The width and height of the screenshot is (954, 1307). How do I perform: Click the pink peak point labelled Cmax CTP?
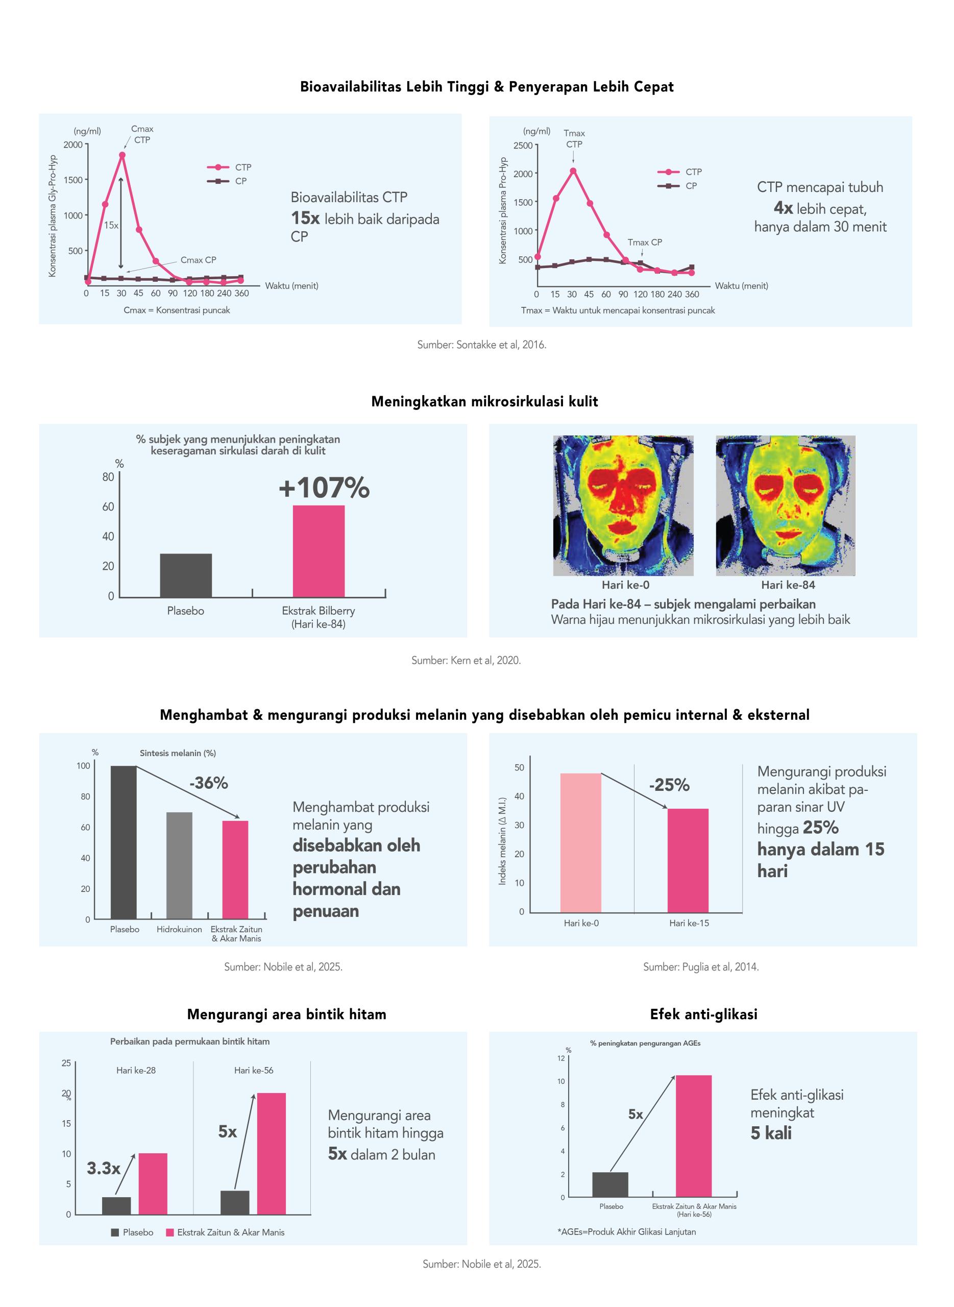tap(122, 155)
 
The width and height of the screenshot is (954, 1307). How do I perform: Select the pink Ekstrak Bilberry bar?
tap(319, 551)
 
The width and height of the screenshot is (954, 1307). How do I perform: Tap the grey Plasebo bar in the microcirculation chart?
tap(186, 575)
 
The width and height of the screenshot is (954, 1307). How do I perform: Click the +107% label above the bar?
tap(324, 488)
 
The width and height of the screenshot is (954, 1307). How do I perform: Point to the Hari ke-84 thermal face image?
tap(786, 505)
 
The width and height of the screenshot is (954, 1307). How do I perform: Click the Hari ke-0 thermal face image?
tap(623, 505)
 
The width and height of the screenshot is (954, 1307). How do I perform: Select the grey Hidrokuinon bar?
tap(180, 865)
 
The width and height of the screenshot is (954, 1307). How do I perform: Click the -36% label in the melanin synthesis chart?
tap(208, 783)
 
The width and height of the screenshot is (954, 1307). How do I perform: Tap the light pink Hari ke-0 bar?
tap(581, 843)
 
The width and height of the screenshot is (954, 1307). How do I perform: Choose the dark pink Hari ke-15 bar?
tap(689, 861)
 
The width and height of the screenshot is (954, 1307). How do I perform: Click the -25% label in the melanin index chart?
tap(669, 785)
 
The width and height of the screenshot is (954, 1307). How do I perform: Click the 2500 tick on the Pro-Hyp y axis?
tap(523, 146)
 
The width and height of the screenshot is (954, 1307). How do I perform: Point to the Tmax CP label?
tap(645, 243)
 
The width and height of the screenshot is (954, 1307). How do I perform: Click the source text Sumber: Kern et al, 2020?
tap(466, 660)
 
